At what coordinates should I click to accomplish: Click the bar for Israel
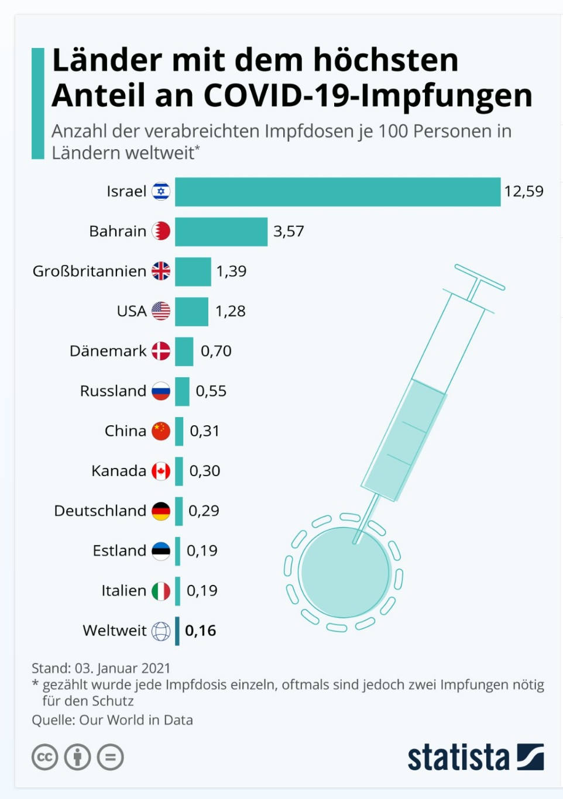click(x=338, y=192)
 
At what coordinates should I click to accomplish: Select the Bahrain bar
click(x=221, y=232)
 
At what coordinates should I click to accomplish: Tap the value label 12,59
click(x=524, y=191)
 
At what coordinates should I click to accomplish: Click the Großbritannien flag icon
click(x=161, y=271)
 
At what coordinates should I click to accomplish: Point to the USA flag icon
click(x=161, y=311)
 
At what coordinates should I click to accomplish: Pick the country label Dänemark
click(x=108, y=351)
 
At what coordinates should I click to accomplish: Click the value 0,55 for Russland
click(x=211, y=391)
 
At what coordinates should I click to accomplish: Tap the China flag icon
click(x=161, y=431)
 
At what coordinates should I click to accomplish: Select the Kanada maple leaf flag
click(x=161, y=471)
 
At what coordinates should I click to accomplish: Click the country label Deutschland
click(x=100, y=511)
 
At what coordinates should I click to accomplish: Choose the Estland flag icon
click(x=161, y=551)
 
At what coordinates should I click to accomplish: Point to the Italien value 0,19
click(x=202, y=591)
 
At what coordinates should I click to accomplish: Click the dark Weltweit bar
click(x=177, y=631)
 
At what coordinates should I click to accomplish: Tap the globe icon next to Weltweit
click(x=161, y=631)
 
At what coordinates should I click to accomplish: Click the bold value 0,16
click(x=201, y=631)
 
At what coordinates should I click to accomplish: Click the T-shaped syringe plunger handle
click(x=479, y=277)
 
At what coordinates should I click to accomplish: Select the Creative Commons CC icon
click(x=44, y=757)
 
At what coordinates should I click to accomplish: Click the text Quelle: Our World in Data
click(x=112, y=720)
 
